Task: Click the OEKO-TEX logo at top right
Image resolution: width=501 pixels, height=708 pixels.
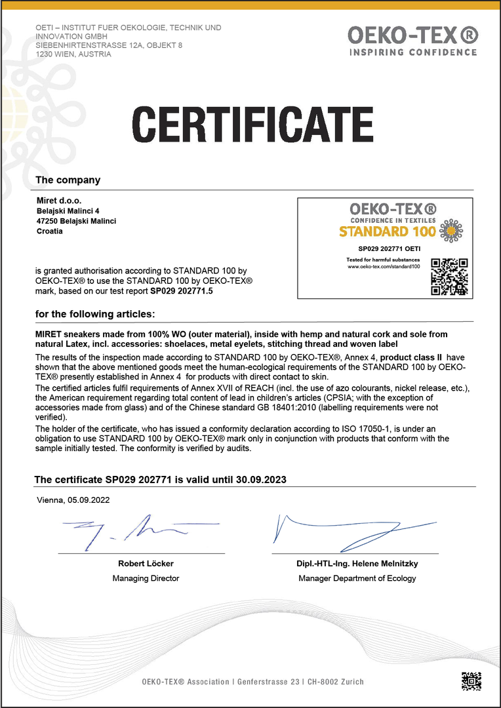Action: (x=412, y=35)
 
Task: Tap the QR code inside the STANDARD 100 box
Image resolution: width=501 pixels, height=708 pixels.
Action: (x=449, y=275)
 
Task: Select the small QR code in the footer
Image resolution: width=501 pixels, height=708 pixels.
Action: (x=471, y=681)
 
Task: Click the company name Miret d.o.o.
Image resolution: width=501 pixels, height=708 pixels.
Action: (x=59, y=200)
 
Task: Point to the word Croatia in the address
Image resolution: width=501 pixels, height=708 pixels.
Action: (x=50, y=231)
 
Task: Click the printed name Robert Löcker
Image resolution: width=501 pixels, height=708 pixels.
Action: (x=146, y=564)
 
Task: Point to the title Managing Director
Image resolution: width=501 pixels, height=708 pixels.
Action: (x=146, y=578)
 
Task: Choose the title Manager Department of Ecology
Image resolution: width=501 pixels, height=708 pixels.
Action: (x=357, y=578)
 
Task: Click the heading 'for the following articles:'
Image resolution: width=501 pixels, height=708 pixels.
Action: (x=95, y=314)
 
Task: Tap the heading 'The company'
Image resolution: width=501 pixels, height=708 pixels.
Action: (x=68, y=180)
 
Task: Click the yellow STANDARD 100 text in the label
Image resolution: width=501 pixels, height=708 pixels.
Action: (x=387, y=231)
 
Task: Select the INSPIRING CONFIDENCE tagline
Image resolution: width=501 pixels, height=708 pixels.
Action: (x=412, y=52)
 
